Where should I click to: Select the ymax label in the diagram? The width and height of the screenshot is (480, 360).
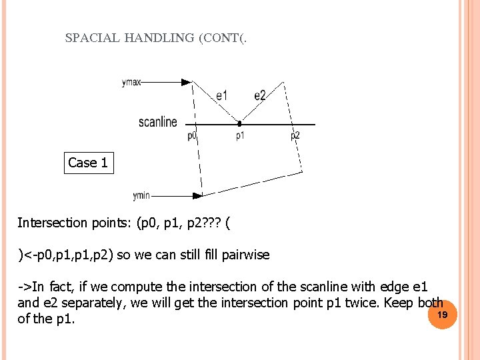131,83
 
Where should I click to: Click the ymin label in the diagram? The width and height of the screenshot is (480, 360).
141,196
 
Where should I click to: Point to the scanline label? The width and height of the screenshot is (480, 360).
158,122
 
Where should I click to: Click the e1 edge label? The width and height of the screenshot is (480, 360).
222,96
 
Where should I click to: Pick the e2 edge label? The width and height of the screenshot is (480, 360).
260,96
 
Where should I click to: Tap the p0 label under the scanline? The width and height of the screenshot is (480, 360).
192,136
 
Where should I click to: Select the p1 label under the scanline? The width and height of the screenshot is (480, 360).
240,136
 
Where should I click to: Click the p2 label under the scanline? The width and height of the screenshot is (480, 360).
295,136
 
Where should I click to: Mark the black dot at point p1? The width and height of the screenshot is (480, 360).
239,124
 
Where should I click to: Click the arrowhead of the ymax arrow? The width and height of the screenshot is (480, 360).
186,83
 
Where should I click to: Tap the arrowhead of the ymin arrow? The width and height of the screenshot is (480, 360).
197,196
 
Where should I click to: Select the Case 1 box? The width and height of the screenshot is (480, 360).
89,163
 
